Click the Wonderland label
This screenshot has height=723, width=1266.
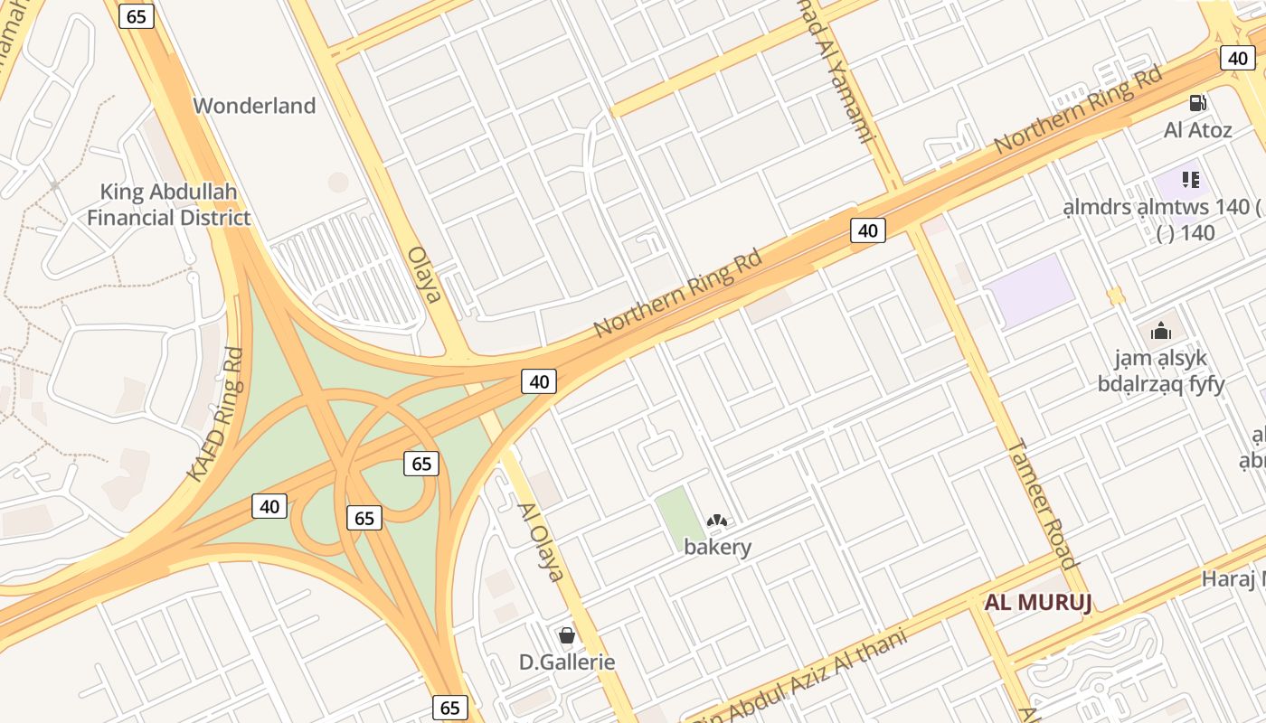pyautogui.click(x=254, y=106)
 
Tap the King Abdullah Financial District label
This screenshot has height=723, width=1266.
pyautogui.click(x=169, y=204)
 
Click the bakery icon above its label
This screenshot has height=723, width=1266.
pyautogui.click(x=717, y=521)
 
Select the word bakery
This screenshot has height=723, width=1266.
pyautogui.click(x=717, y=547)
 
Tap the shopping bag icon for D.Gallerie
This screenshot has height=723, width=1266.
pyautogui.click(x=567, y=635)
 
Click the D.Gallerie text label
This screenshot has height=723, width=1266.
pyautogui.click(x=567, y=662)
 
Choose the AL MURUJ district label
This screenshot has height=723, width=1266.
pyautogui.click(x=1038, y=603)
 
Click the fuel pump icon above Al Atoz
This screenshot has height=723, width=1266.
pyautogui.click(x=1198, y=104)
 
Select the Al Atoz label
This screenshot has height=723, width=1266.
pyautogui.click(x=1197, y=130)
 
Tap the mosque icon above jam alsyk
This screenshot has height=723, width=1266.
pyautogui.click(x=1161, y=331)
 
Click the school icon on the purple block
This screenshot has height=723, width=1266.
pyautogui.click(x=1190, y=180)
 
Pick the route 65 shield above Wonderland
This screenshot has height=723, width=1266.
pyautogui.click(x=137, y=15)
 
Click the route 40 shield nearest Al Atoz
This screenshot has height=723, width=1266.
pyautogui.click(x=1237, y=58)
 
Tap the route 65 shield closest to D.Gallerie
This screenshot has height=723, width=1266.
pyautogui.click(x=450, y=707)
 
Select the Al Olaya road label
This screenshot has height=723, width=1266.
pyautogui.click(x=541, y=541)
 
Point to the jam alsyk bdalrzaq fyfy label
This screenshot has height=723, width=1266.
pyautogui.click(x=1160, y=371)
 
